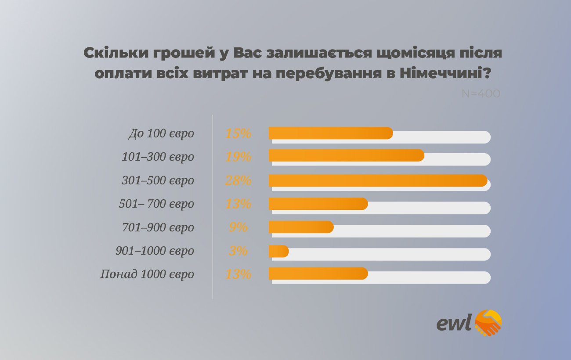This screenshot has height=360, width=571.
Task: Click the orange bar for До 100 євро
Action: pos(330,133)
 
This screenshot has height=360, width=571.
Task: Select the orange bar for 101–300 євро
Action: pos(346,155)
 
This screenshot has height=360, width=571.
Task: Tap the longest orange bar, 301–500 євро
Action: pos(378,180)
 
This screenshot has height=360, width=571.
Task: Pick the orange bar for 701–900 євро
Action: pos(301,227)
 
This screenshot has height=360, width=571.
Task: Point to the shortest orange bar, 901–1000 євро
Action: pos(278,251)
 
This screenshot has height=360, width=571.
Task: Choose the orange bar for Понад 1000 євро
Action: pos(318,274)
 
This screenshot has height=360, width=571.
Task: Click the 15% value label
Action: pos(238,133)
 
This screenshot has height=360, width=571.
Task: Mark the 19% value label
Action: pos(238,157)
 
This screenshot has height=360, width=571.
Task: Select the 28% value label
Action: pos(238,180)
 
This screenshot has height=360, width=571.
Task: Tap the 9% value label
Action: pos(238,227)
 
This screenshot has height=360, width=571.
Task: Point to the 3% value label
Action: pos(238,251)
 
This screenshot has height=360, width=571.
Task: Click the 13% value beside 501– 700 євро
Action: pos(238,204)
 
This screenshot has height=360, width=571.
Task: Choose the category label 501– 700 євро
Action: pos(156,204)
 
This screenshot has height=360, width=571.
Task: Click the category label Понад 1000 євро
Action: pos(147,275)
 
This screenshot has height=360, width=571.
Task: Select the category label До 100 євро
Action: pos(161,133)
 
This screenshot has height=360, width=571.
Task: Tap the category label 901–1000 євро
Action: pos(155,251)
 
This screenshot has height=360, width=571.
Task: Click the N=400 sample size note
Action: pos(481,94)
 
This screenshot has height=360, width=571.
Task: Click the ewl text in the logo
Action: pos(454,322)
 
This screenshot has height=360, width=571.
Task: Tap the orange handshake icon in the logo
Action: pos(488,323)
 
